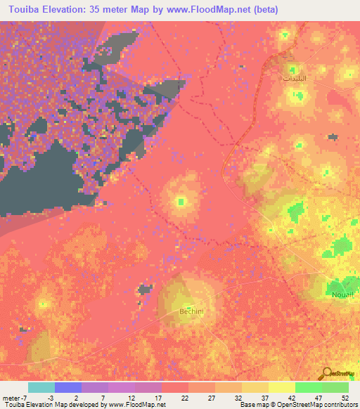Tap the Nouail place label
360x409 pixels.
point(340,295)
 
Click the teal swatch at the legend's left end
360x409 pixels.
point(41,387)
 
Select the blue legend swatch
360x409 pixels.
point(67,387)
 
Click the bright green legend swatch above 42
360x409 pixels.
point(308,387)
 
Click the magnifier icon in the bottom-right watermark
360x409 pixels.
point(326,373)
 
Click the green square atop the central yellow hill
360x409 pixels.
point(181,202)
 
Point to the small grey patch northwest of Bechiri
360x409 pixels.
point(146,288)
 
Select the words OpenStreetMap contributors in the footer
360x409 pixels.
point(315,405)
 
